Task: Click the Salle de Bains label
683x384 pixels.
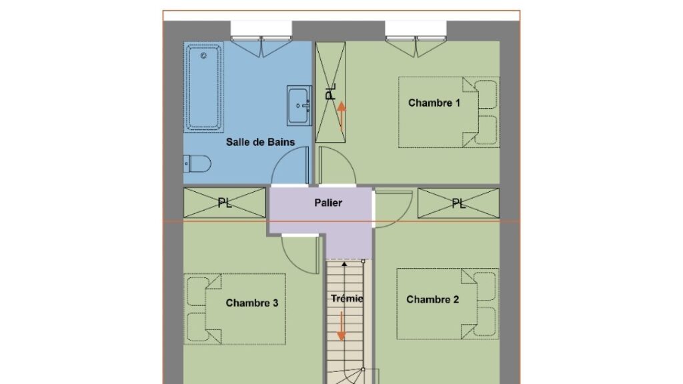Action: (260, 142)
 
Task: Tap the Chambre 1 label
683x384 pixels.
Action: (434, 103)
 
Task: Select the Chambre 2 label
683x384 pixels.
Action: (432, 299)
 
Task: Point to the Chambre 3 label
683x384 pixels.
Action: (251, 303)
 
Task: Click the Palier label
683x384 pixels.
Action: (328, 203)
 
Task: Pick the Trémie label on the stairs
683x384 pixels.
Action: (347, 299)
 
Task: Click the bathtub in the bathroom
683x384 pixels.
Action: (204, 87)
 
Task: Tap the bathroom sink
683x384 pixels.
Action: (299, 106)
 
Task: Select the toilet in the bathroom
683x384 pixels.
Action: (197, 164)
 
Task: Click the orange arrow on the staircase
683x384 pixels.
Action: (341, 326)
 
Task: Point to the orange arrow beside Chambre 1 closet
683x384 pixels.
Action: (341, 116)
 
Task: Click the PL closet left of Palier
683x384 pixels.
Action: (224, 203)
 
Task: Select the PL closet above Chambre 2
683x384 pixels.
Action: (458, 203)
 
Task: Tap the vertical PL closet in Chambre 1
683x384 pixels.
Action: (331, 92)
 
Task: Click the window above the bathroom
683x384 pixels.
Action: (261, 39)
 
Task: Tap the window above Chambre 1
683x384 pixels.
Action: (416, 39)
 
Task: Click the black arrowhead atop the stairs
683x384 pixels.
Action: (345, 264)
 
